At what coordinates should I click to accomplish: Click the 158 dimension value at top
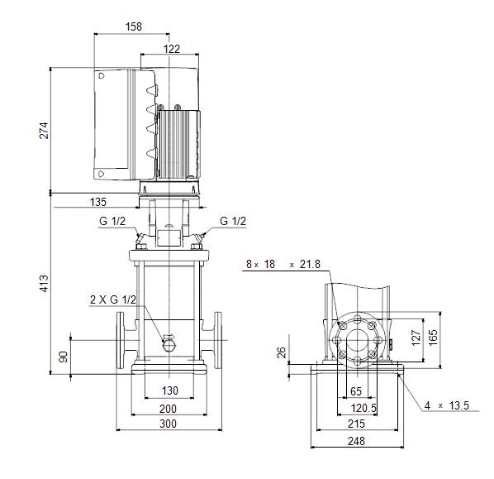[x=134, y=26]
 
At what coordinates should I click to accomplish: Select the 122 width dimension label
[x=172, y=49]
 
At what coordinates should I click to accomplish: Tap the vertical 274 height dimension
[x=44, y=131]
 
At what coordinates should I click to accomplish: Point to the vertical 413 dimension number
[x=44, y=284]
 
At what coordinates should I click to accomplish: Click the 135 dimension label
[x=98, y=202]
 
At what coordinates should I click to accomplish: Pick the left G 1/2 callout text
[x=112, y=221]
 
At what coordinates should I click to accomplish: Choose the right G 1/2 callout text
[x=233, y=221]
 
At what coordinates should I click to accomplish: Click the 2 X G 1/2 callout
[x=113, y=299]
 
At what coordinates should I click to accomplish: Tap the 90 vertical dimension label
[x=64, y=357]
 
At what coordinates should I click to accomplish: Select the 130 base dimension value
[x=170, y=390]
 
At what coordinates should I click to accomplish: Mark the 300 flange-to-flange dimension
[x=168, y=424]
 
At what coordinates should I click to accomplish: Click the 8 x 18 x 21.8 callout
[x=283, y=264]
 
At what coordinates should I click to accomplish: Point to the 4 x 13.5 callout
[x=446, y=405]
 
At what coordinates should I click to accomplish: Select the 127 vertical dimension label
[x=416, y=338]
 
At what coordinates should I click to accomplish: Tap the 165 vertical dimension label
[x=433, y=338]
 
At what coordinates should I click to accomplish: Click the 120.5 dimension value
[x=363, y=408]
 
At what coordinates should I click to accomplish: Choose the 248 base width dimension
[x=356, y=441]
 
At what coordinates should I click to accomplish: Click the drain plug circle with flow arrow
[x=169, y=346]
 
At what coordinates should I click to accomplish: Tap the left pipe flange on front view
[x=120, y=341]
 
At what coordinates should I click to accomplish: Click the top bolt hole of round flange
[x=357, y=320]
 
